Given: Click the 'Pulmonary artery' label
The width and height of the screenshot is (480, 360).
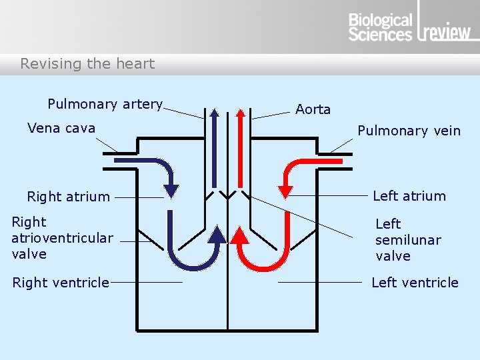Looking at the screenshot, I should (x=105, y=104).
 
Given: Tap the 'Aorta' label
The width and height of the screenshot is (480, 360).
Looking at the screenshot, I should (x=313, y=109).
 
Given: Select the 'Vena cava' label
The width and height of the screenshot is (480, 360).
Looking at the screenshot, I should (x=61, y=128).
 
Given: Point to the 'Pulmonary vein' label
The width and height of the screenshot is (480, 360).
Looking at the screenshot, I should (x=409, y=131).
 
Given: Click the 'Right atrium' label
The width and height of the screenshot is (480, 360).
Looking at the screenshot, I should (x=68, y=197).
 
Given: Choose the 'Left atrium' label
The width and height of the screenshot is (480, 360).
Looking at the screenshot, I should (x=409, y=196).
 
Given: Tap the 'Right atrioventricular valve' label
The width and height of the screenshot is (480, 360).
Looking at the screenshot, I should (x=62, y=238).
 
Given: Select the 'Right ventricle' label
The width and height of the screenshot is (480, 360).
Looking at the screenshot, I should (x=61, y=283).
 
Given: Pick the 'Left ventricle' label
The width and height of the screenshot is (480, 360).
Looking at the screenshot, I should (x=415, y=283).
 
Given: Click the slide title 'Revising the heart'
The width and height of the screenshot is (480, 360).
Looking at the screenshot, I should (x=87, y=64).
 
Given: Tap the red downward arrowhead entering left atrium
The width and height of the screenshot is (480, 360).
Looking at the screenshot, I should (x=285, y=191).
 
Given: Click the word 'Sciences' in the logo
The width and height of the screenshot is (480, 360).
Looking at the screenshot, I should (x=380, y=35).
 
